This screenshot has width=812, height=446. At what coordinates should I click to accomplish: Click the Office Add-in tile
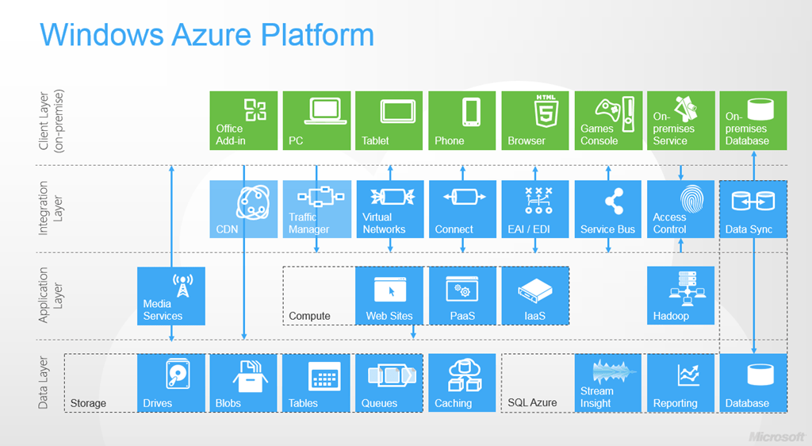(x=243, y=120)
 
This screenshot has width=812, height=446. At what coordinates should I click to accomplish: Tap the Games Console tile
(x=608, y=120)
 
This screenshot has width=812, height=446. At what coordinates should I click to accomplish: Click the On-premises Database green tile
(x=753, y=120)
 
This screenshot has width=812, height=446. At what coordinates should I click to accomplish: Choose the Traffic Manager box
(x=316, y=209)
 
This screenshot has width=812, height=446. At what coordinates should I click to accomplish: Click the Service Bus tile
(x=608, y=209)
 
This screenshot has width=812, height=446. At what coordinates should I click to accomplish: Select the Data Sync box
(x=753, y=209)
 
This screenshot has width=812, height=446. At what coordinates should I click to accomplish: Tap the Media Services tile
(x=171, y=296)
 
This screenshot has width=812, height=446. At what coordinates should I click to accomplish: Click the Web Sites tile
(x=389, y=296)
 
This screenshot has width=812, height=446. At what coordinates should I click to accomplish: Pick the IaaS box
(x=535, y=296)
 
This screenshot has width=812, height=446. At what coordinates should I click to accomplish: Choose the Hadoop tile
(x=680, y=296)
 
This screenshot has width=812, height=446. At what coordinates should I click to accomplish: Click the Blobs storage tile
(x=243, y=383)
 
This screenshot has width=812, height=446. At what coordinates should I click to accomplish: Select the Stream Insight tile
(x=608, y=383)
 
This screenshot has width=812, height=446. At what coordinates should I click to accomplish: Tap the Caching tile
(x=462, y=383)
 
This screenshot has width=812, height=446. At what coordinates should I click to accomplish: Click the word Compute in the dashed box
(x=309, y=316)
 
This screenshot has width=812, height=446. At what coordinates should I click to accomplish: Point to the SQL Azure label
(x=532, y=403)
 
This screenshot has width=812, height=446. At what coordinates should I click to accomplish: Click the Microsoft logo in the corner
(x=777, y=436)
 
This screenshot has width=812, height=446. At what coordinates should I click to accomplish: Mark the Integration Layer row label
(x=49, y=209)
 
